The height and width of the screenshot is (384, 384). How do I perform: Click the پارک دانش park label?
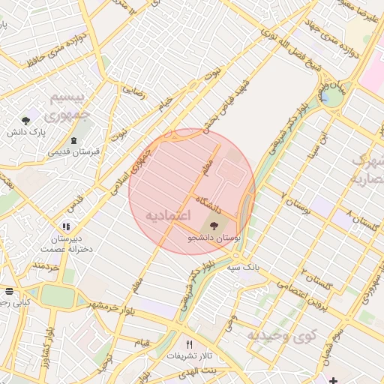[x=27, y=132]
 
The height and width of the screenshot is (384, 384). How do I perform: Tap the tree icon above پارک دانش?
[x=27, y=120]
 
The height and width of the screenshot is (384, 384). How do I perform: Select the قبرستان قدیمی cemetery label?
[x=73, y=151]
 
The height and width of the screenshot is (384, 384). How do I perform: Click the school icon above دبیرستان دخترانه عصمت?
[x=66, y=226]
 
